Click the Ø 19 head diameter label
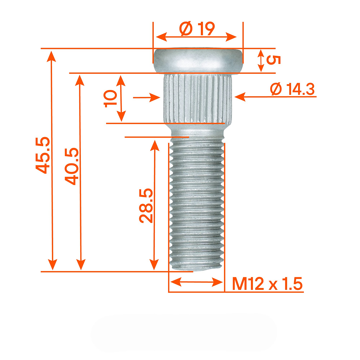click(x=197, y=28)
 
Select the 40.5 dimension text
click(x=72, y=166)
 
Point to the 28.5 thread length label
click(x=146, y=205)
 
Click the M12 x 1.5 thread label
click(x=267, y=283)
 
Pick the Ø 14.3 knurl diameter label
click(x=292, y=89)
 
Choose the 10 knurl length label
click(x=110, y=98)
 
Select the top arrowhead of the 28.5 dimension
click(x=154, y=145)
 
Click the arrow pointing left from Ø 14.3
click(x=240, y=97)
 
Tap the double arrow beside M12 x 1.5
click(x=197, y=282)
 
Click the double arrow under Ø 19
click(x=197, y=37)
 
